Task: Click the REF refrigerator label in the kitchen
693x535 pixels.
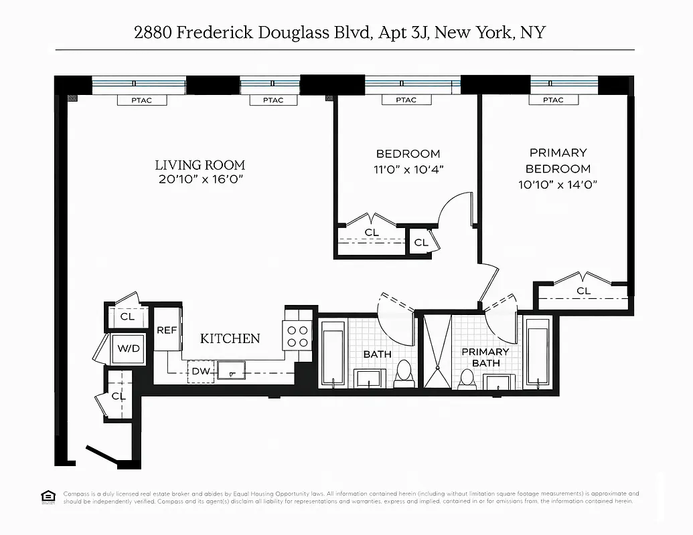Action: tap(166, 330)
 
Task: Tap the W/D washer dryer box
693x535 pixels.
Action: tap(127, 348)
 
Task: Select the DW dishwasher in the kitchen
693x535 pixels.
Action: tap(200, 371)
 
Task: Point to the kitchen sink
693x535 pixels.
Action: tap(230, 369)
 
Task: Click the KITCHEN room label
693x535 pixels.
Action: tap(230, 338)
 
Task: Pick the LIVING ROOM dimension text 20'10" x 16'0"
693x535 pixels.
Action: tap(200, 180)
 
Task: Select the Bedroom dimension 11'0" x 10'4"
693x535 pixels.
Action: tap(408, 169)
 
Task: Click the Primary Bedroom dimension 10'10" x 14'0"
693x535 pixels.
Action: tap(558, 185)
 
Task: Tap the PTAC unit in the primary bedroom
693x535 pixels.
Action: tap(552, 100)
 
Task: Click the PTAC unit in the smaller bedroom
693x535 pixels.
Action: tap(406, 100)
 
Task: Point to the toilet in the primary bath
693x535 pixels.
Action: tap(467, 379)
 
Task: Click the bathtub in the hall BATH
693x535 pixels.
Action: tap(333, 353)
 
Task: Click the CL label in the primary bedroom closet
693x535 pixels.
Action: tap(583, 290)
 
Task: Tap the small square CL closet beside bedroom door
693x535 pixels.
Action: tap(421, 242)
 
